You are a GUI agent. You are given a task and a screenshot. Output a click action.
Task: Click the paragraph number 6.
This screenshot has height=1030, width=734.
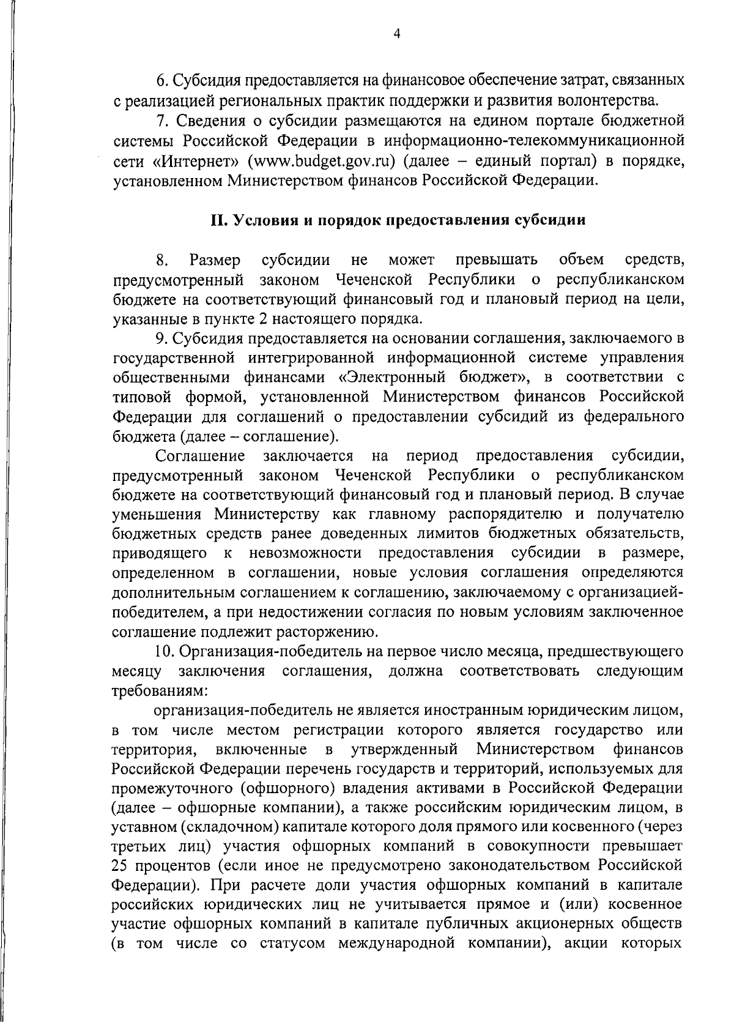(161, 80)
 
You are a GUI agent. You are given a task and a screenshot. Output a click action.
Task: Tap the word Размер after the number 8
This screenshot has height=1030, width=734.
(215, 260)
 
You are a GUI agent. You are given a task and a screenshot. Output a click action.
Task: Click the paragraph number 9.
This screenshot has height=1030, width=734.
(161, 338)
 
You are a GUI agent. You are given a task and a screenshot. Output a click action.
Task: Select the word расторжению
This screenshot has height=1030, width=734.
(328, 632)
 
